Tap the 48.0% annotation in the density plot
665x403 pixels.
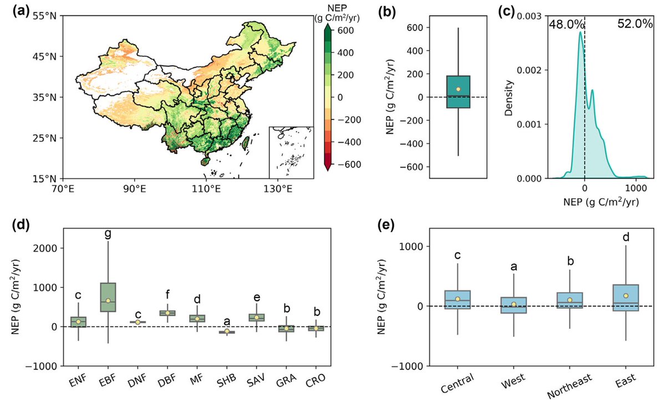(x=564, y=24)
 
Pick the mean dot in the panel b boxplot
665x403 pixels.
(x=458, y=89)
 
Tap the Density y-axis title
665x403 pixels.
(x=509, y=97)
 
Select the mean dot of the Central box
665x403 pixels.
(x=458, y=299)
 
